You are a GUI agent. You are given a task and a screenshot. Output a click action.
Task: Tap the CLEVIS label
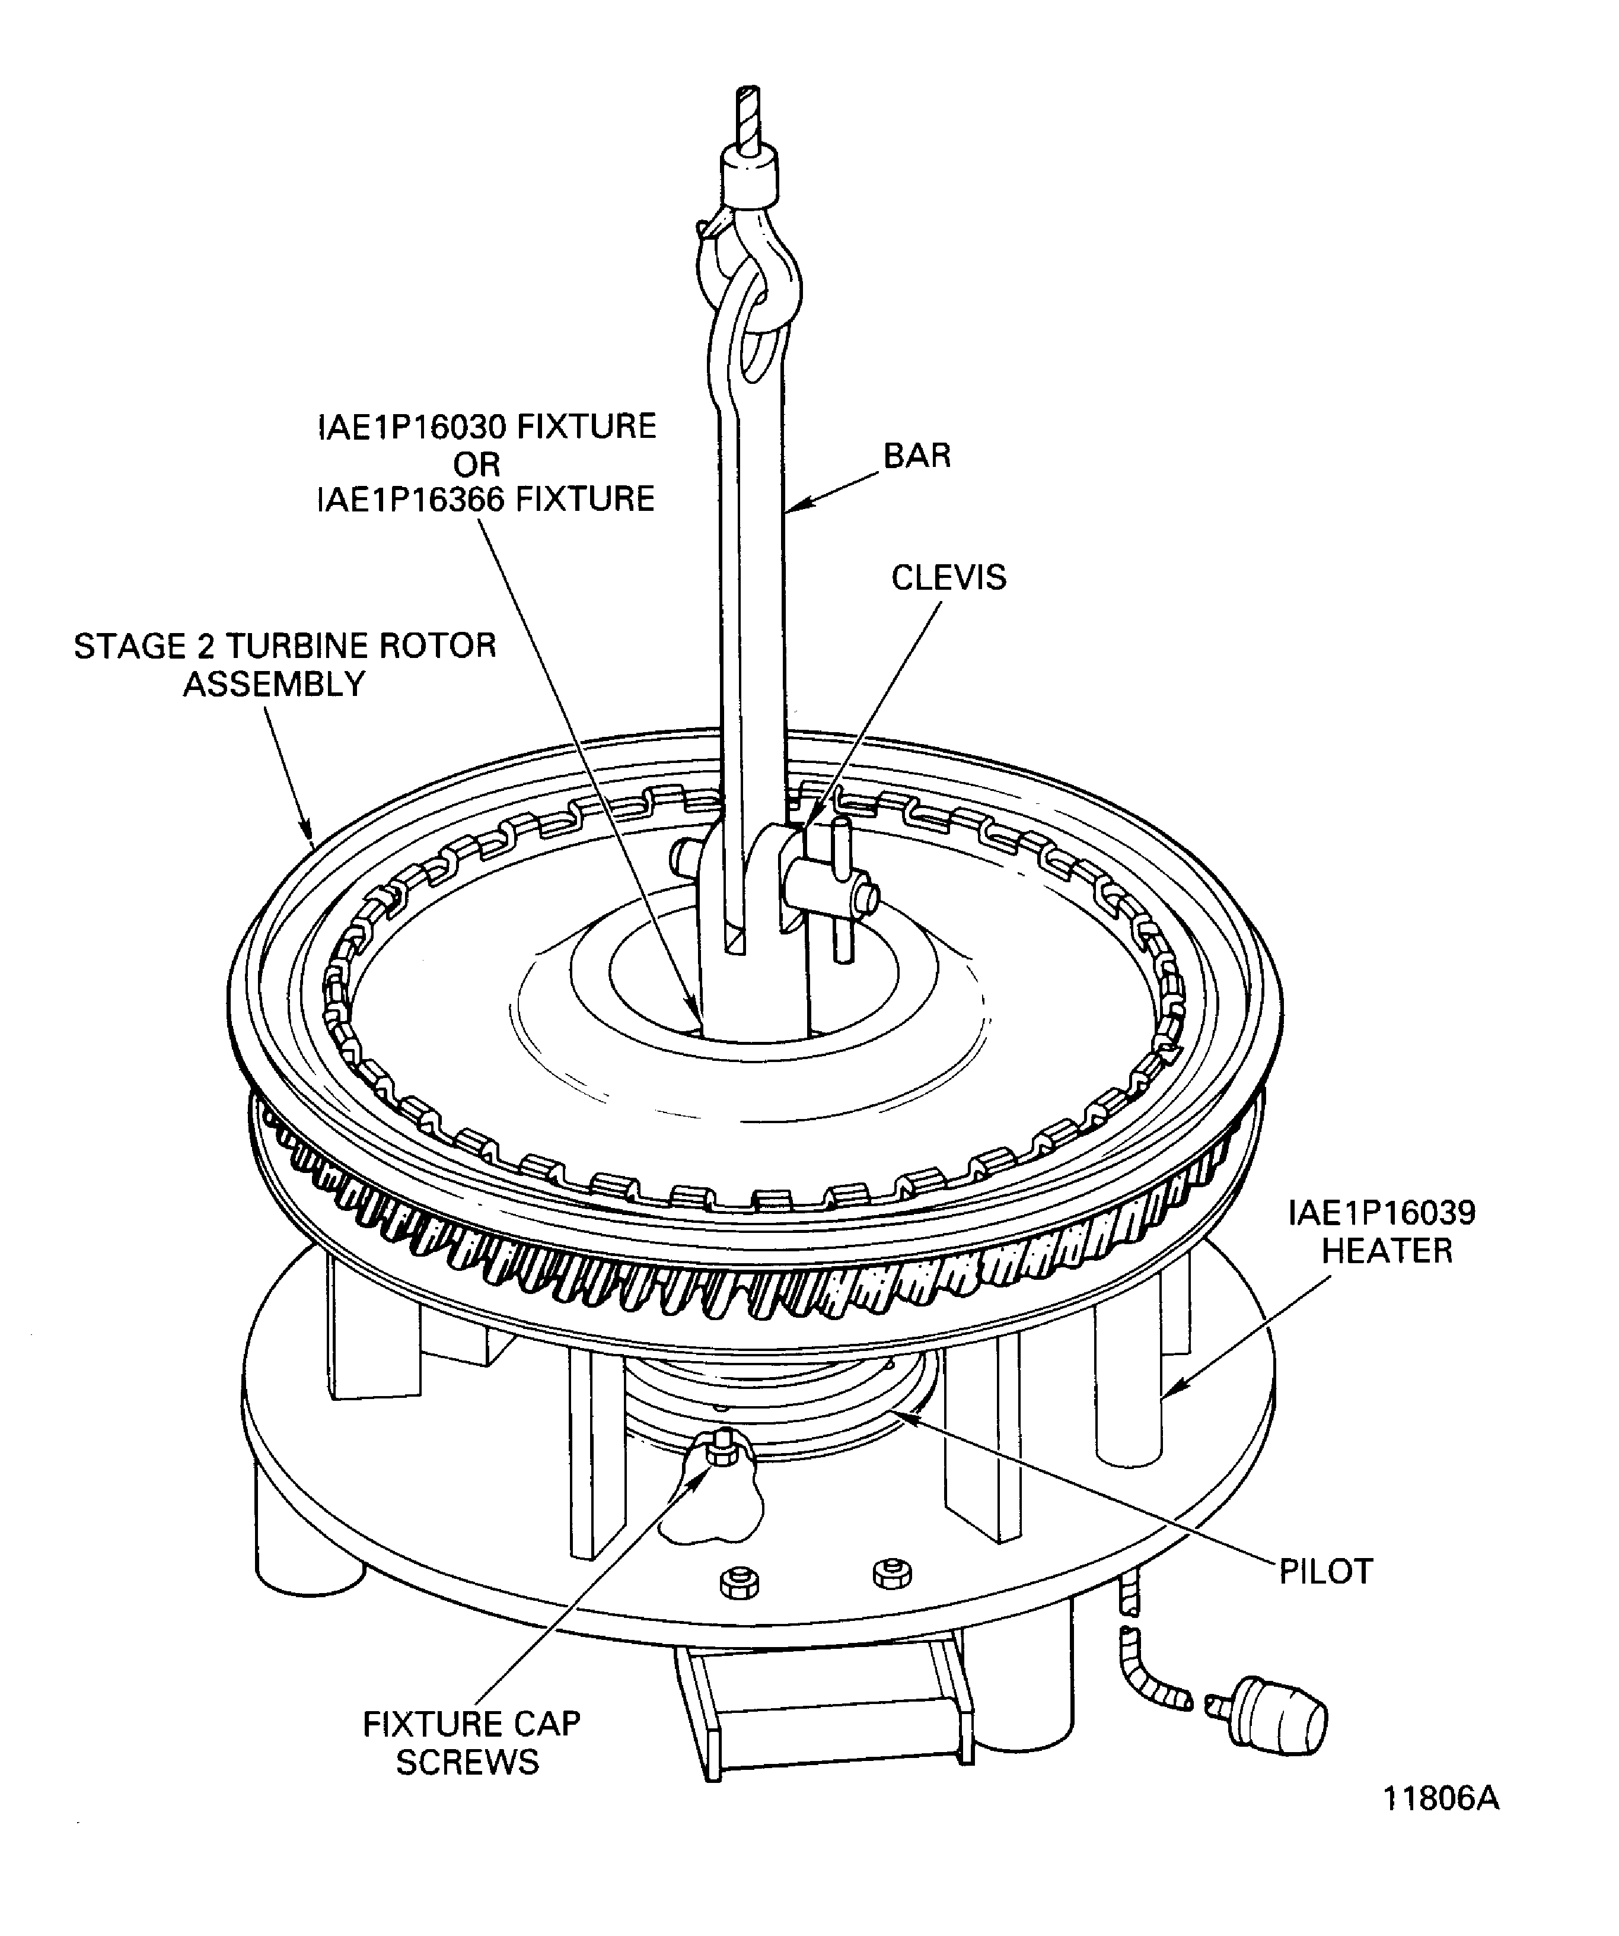(x=948, y=577)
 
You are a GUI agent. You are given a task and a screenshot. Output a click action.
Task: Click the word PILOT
(x=1325, y=1571)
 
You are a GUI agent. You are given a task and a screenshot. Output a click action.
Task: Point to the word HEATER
(x=1386, y=1251)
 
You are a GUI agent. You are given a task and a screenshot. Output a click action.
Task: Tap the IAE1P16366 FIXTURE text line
(x=486, y=499)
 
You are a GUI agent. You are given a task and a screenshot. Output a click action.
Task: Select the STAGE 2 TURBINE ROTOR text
(x=285, y=646)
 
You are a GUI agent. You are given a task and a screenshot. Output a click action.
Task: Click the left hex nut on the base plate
(x=739, y=1584)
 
